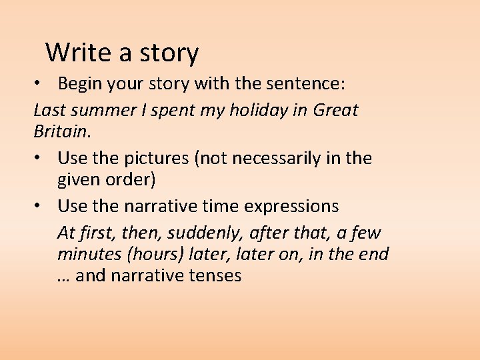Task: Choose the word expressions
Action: click(292, 207)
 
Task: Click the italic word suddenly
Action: click(200, 233)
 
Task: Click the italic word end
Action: click(375, 254)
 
